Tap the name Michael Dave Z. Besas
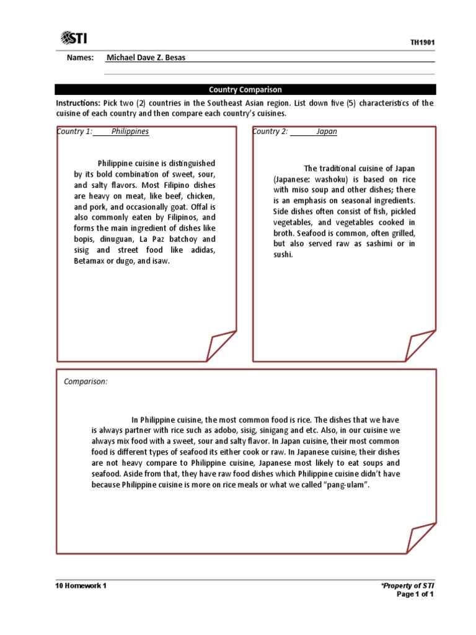[146, 58]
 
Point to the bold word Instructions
[77, 103]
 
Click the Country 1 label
[74, 131]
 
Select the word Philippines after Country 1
[130, 131]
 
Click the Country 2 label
[270, 131]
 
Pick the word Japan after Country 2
[327, 131]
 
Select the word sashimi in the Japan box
[385, 244]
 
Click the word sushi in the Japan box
[283, 254]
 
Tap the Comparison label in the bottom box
[86, 381]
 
